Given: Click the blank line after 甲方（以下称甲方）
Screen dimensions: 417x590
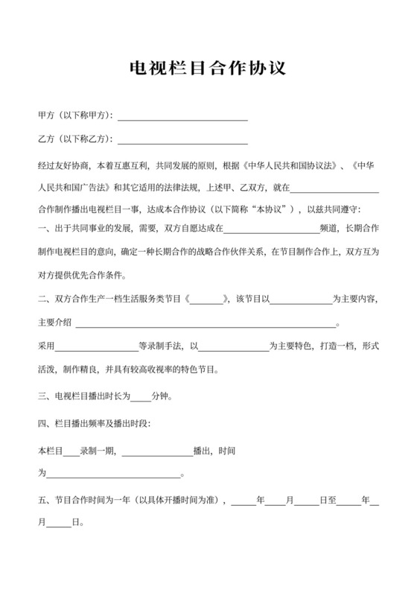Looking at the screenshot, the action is [x=182, y=116].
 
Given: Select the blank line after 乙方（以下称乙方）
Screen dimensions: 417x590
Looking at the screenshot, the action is [x=182, y=139].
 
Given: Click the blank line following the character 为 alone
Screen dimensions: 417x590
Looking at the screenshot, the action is [x=114, y=474].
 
